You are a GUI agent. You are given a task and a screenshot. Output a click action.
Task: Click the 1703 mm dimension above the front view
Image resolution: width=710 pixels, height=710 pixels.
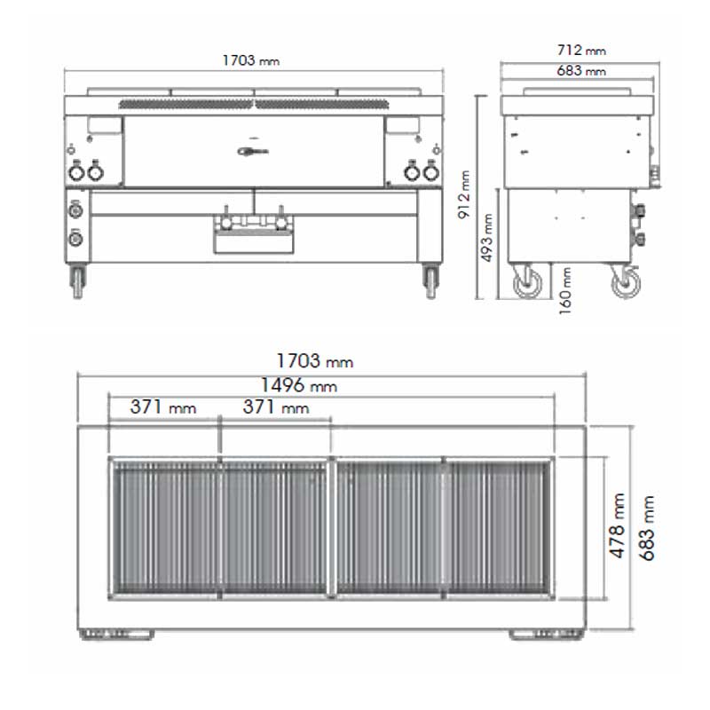[251, 60]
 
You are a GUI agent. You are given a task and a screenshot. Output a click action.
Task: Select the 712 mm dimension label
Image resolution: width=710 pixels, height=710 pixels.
[581, 50]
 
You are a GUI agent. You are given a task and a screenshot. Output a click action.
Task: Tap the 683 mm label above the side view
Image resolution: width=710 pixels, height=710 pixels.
[581, 70]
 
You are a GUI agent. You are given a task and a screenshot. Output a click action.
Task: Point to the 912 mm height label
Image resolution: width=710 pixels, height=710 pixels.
[464, 194]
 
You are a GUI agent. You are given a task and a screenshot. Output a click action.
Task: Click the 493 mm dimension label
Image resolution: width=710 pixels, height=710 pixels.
[486, 238]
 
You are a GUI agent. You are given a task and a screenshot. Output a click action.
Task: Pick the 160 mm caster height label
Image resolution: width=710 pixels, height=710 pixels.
[565, 291]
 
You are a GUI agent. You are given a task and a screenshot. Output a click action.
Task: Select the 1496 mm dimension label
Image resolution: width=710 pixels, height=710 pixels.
[299, 385]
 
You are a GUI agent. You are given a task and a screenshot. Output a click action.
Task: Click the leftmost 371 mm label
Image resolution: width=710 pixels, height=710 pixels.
[163, 406]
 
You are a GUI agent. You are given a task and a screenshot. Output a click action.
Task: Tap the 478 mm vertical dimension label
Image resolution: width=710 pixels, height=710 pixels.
[617, 525]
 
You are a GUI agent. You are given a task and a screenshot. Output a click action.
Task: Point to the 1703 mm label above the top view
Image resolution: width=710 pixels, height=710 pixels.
[315, 361]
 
